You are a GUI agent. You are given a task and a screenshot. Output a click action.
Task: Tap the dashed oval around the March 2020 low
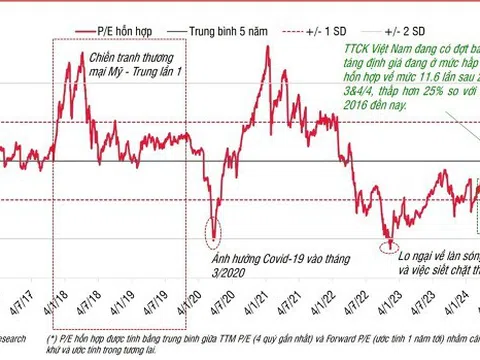(213, 229)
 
